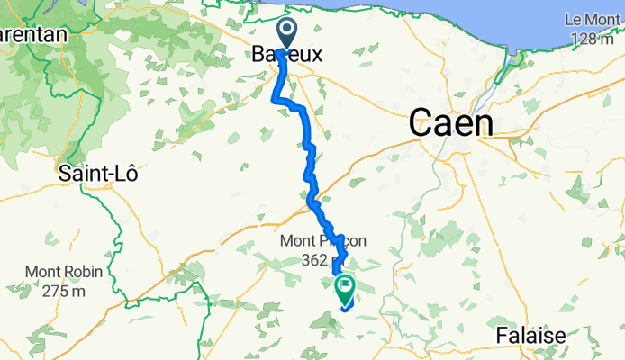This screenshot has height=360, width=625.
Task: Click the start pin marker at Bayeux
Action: click(x=287, y=33)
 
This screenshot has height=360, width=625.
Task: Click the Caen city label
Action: click(x=451, y=123)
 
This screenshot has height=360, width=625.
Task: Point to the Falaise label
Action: click(x=530, y=337)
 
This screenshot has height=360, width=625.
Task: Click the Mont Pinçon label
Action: click(x=313, y=240)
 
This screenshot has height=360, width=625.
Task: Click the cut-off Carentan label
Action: click(x=34, y=33)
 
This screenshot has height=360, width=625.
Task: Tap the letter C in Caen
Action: click(x=421, y=124)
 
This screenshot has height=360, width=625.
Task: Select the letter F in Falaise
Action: click(x=501, y=337)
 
